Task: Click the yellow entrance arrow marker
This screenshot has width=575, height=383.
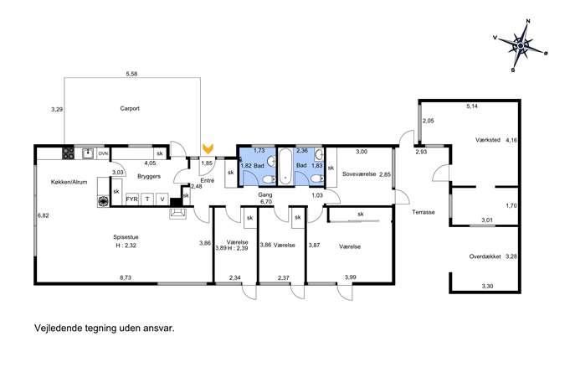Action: point(208,148)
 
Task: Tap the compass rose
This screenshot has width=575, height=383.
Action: point(521,45)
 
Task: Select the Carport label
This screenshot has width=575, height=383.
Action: point(130,109)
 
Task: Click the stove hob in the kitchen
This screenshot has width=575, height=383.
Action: point(68,153)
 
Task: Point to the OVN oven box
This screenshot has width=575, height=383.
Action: point(104,153)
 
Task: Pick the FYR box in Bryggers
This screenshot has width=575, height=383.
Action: point(132,199)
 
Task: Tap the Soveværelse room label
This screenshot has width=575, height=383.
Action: point(359,174)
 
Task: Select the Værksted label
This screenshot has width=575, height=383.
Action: point(488,140)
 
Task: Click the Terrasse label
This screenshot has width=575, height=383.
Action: point(424,212)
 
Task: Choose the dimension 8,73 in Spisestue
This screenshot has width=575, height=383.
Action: point(126,278)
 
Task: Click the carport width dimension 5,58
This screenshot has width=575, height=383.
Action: point(131,74)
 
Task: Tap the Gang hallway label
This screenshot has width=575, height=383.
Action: point(265,195)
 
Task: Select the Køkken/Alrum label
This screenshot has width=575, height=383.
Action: point(69,182)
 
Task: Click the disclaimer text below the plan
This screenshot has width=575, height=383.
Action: point(105,328)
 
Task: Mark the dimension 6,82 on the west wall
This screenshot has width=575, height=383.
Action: point(44,215)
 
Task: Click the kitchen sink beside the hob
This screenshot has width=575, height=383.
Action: point(88,153)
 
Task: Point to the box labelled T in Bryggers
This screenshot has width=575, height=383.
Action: point(147,199)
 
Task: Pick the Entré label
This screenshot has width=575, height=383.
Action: point(208,181)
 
